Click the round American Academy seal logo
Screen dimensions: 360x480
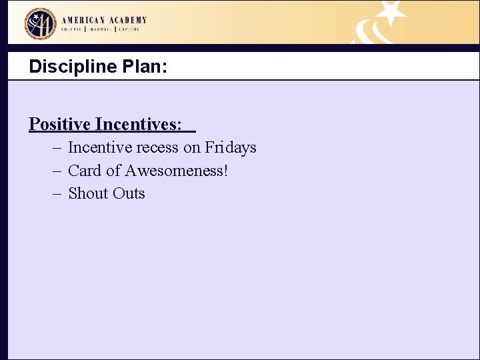(x=40, y=24)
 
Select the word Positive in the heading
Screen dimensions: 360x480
(x=59, y=124)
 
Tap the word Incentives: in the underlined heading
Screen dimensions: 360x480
(x=138, y=124)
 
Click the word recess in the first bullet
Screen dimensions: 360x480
(x=157, y=147)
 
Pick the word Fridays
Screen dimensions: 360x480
(x=231, y=147)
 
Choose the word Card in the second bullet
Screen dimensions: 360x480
(x=85, y=171)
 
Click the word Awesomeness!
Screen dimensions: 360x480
(x=176, y=171)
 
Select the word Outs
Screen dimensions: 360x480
(x=129, y=193)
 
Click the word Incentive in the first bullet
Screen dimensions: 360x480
(x=99, y=147)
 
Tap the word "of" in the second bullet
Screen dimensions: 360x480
(x=113, y=171)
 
